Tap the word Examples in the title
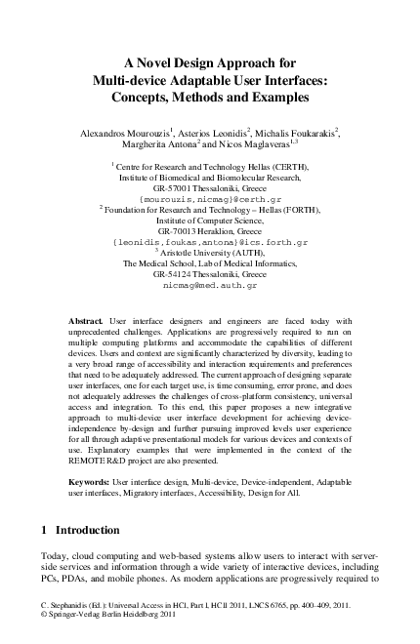coord(263,97)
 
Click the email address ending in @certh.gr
coord(211,198)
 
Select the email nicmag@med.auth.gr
coord(211,287)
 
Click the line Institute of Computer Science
coord(210,218)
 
